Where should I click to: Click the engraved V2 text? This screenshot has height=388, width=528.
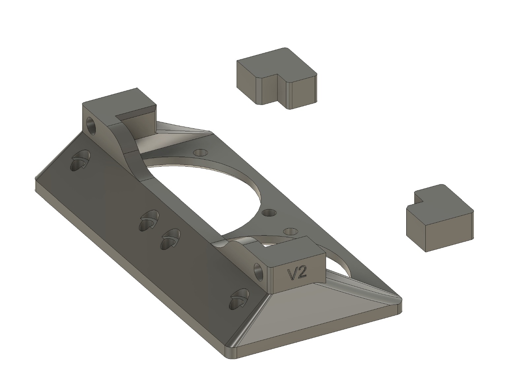click(x=297, y=274)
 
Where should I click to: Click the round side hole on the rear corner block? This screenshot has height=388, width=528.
click(x=91, y=126)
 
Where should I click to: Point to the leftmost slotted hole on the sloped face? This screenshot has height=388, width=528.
click(x=81, y=161)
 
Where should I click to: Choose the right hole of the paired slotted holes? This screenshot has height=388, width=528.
click(x=170, y=239)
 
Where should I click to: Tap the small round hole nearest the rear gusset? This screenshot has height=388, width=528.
click(x=200, y=153)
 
